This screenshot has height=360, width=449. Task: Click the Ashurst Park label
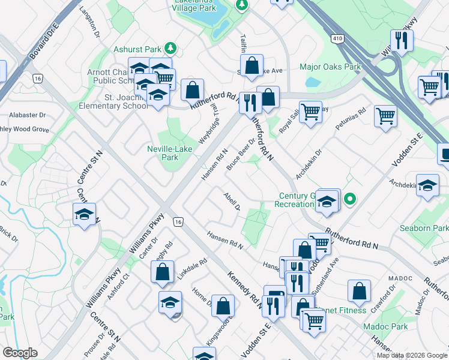click(x=139, y=48)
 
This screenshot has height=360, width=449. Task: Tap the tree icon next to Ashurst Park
click(x=170, y=47)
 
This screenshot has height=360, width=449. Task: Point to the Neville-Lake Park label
click(x=163, y=153)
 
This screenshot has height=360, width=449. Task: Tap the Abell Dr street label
click(x=232, y=202)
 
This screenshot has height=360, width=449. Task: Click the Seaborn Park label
click(x=423, y=229)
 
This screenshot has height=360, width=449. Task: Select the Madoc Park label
click(x=385, y=327)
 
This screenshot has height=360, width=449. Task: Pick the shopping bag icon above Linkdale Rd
click(x=163, y=272)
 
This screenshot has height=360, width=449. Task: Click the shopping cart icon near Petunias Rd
click(x=385, y=116)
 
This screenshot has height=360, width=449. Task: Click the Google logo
click(x=20, y=352)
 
